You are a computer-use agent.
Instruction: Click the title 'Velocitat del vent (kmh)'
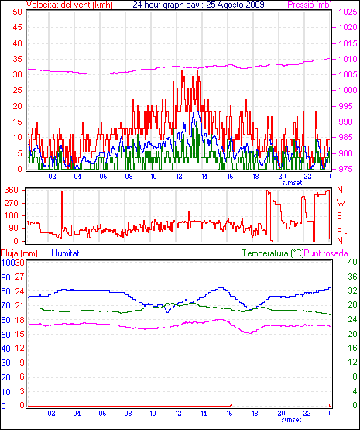pos(70,5)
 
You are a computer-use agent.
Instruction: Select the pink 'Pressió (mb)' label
pos(310,5)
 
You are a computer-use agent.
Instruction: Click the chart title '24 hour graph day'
pos(166,5)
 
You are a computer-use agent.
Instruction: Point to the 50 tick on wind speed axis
pos(17,12)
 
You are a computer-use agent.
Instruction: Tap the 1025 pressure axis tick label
pos(348,12)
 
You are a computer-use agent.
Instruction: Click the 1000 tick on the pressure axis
pos(348,90)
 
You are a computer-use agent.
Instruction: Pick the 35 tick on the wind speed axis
pos(17,59)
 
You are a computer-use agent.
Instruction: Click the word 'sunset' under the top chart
pos(292,183)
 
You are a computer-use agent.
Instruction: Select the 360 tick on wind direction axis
pos(12,190)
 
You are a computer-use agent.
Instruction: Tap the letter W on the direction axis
pos(341,203)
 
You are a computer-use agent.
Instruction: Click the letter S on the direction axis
pos(340,215)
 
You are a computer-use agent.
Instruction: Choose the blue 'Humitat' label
pos(66,253)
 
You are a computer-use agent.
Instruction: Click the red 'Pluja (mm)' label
pos(19,253)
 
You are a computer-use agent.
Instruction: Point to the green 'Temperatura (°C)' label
pos(273,253)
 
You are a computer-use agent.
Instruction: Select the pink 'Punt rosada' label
pos(326,253)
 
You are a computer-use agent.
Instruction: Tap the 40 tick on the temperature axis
pos(352,262)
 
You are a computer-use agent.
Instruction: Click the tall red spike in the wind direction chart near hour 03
pos(62,214)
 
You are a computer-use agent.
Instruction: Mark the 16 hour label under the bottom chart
pos(229,414)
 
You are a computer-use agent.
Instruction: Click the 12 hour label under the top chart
pos(179,176)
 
